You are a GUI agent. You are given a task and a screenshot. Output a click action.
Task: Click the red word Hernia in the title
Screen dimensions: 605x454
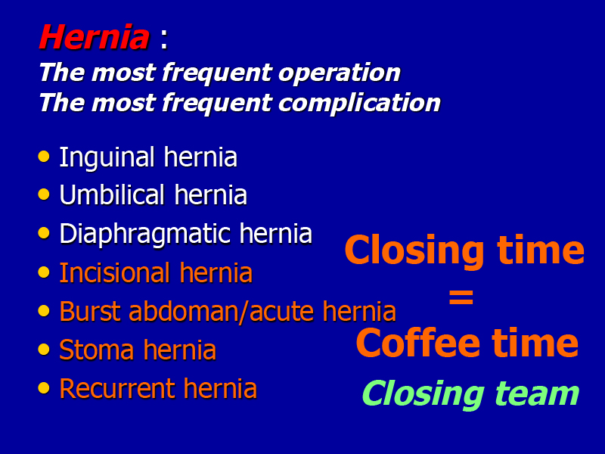pos(94,37)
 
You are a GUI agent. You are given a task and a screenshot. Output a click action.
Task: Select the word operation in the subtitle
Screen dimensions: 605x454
pos(340,73)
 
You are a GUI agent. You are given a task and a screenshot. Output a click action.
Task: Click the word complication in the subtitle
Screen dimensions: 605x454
pos(359,103)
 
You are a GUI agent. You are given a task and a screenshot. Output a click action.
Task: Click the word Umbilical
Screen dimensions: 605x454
pos(112,194)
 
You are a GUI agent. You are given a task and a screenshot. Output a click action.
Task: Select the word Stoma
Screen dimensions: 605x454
pos(98,350)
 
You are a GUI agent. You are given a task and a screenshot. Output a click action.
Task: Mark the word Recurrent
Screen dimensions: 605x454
pos(117,389)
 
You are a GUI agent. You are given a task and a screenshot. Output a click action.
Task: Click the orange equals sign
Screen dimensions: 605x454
pos(461,297)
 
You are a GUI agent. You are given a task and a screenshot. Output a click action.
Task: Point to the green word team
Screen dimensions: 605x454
pos(537,393)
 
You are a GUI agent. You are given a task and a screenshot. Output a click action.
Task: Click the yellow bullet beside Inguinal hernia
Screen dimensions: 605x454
pos(44,157)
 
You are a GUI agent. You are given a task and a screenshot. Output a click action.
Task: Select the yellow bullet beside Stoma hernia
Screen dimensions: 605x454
pos(44,349)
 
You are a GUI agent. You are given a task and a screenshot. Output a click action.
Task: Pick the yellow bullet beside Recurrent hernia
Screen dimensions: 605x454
pos(44,387)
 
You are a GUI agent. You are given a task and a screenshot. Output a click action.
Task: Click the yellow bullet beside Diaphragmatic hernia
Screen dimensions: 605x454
pos(44,233)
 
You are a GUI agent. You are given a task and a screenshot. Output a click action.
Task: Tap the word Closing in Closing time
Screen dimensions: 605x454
pos(414,251)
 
